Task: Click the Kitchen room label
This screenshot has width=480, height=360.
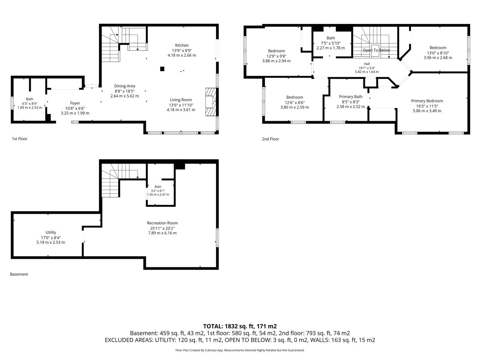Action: (182, 45)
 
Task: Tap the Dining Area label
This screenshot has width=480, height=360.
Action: (124, 86)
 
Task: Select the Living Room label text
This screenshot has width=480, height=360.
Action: (181, 100)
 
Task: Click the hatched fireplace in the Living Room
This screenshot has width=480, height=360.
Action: (211, 102)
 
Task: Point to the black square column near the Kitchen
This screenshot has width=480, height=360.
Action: (162, 69)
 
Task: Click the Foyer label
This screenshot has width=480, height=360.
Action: (75, 103)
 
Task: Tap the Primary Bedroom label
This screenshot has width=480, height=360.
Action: (427, 101)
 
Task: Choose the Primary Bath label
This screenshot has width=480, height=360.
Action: (351, 97)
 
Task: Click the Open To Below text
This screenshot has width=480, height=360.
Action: (376, 50)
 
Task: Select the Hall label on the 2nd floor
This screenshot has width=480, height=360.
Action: (367, 64)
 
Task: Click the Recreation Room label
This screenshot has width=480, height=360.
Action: (162, 223)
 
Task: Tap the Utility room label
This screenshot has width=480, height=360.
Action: (51, 232)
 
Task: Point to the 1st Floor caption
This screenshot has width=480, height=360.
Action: (19, 139)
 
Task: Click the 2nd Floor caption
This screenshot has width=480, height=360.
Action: (270, 139)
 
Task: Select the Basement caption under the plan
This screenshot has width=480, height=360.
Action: (19, 274)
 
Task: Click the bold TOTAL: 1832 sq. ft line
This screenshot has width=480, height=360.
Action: (240, 326)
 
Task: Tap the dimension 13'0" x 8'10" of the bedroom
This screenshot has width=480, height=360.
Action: (438, 53)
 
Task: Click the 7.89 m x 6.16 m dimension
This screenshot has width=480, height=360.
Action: (162, 233)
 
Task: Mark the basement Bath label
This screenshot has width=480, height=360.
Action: (158, 187)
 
